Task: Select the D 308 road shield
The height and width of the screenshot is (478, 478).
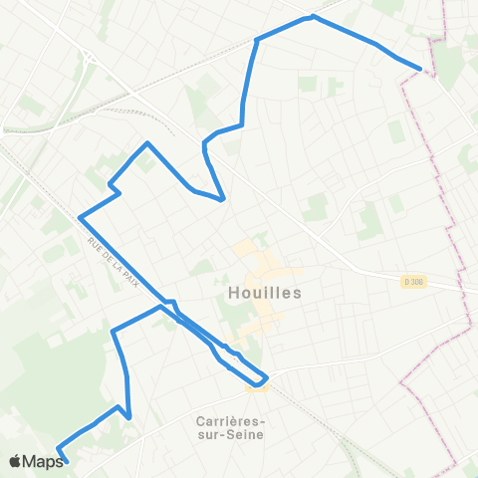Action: pyautogui.click(x=414, y=282)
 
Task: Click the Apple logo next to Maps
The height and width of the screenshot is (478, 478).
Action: pyautogui.click(x=15, y=461)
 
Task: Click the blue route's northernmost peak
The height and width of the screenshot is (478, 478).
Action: pyautogui.click(x=313, y=16)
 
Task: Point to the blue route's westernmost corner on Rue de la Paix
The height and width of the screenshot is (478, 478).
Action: pyautogui.click(x=80, y=217)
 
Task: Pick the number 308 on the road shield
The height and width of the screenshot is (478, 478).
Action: pyautogui.click(x=417, y=282)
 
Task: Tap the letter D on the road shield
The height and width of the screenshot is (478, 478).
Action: pyautogui.click(x=407, y=282)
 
